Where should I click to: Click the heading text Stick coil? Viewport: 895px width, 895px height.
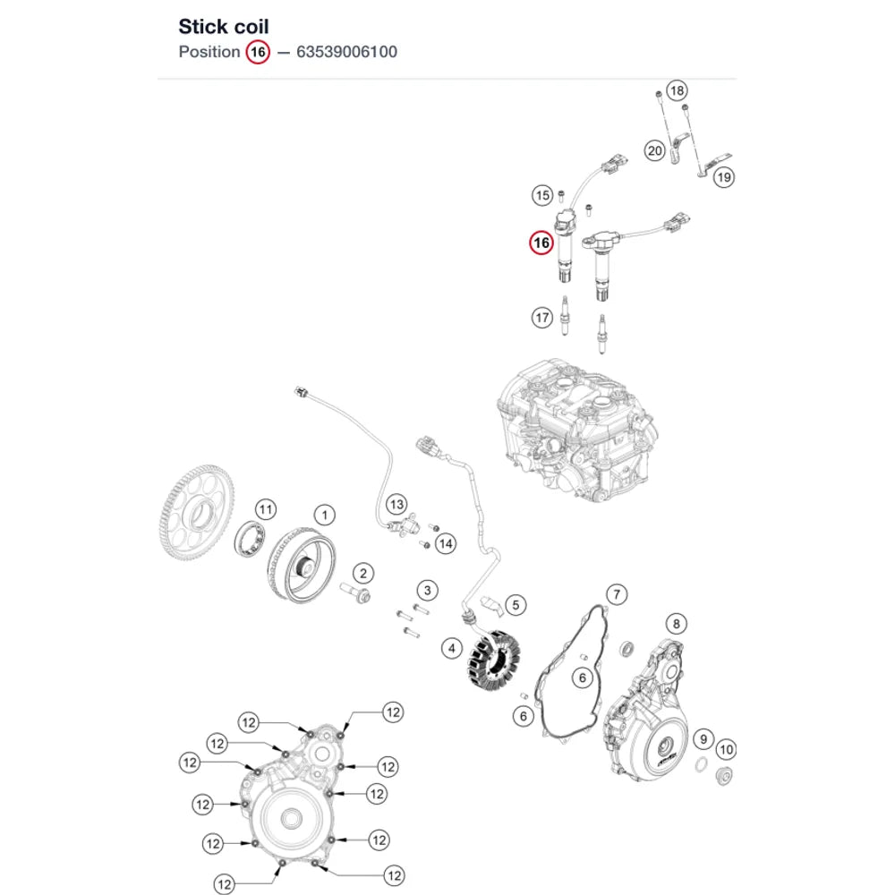(223, 27)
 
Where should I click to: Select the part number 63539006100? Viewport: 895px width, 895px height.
(346, 52)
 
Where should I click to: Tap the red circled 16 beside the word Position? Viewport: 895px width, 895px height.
(258, 53)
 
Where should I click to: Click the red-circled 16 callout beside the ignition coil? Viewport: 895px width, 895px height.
(541, 243)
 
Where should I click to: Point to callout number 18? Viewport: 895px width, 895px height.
(677, 90)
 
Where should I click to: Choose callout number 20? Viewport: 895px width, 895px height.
(655, 150)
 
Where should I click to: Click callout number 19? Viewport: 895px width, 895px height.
(724, 177)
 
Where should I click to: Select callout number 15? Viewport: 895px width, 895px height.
(542, 196)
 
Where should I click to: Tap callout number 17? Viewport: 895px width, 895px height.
(542, 318)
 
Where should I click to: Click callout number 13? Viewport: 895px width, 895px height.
(396, 505)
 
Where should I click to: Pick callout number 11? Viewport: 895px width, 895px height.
(266, 509)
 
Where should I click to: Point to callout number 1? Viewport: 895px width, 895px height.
(325, 516)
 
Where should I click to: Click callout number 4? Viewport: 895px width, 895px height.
(452, 648)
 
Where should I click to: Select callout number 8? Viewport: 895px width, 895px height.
(677, 624)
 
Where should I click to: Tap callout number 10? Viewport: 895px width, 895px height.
(726, 749)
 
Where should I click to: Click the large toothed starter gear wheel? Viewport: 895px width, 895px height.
(196, 512)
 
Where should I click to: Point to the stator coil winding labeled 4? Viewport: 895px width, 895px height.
(494, 660)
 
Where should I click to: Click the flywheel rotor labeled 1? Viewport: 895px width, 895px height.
(302, 565)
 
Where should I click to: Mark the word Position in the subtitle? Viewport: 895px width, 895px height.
(209, 52)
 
